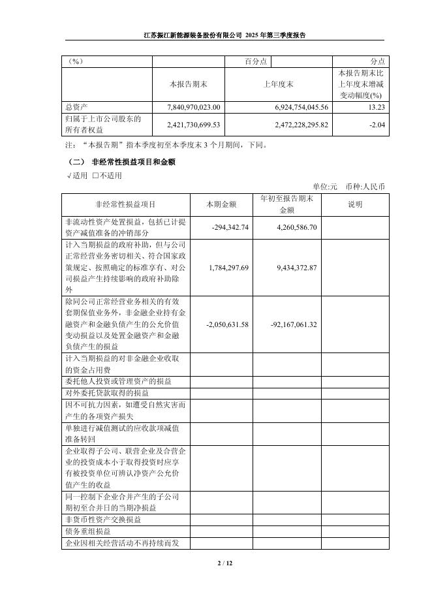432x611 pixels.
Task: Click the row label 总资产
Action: point(77,106)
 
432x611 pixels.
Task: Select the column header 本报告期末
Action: point(188,84)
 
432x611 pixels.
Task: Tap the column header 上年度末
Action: point(278,84)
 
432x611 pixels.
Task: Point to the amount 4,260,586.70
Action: point(293,227)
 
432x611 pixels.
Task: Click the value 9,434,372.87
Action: point(293,268)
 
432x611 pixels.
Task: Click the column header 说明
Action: point(355,204)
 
